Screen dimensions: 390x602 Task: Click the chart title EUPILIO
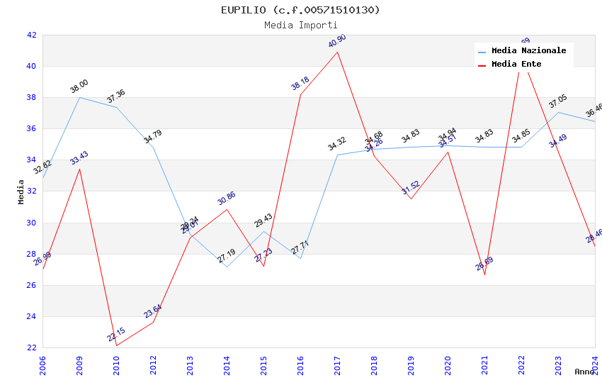300,10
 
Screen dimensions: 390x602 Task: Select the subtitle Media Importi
300,26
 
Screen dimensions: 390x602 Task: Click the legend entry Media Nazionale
528,51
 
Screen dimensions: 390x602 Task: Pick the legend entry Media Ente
516,65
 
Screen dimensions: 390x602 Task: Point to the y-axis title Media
21,191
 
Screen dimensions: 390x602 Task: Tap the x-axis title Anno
584,372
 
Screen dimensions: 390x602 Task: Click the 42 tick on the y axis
32,35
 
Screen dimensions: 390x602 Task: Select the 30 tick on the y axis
32,223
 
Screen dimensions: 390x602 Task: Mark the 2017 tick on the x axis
337,365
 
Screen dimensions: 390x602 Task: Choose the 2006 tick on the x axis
42,365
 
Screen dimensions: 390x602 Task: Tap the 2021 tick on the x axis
484,365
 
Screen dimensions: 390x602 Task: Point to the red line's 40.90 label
337,42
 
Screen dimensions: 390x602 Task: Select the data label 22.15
116,335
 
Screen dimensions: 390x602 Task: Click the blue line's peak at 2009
79,97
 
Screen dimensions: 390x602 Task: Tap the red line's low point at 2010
116,345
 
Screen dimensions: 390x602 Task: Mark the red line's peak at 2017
337,52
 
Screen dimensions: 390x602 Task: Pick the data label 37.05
558,102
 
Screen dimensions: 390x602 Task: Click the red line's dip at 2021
484,274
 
